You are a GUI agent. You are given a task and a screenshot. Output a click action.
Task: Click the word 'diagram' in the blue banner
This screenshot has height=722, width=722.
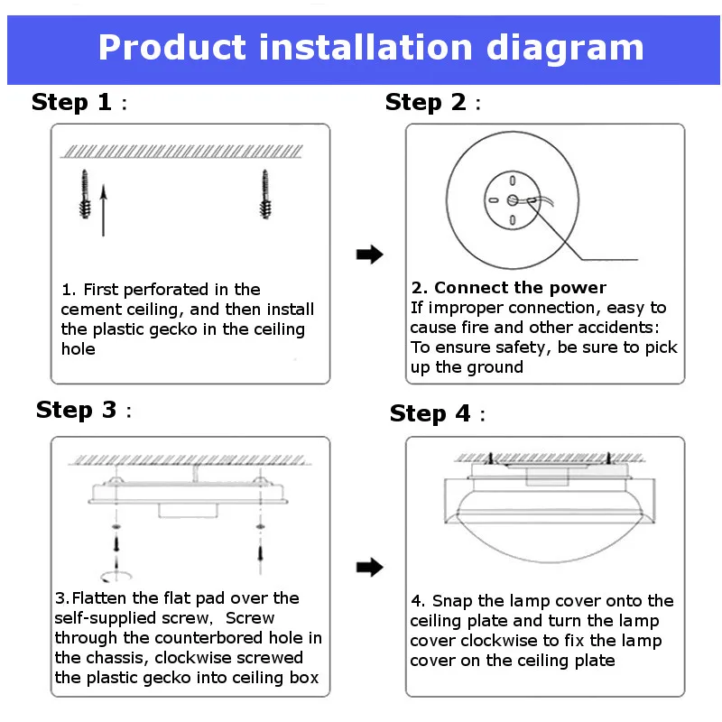[x=565, y=49]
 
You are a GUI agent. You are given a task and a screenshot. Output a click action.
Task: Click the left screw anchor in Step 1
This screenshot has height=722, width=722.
[x=85, y=194]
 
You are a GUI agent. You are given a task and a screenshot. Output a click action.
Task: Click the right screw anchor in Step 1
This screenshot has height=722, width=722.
[x=265, y=194]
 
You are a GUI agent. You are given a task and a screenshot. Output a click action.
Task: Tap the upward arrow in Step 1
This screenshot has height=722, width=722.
[x=104, y=210]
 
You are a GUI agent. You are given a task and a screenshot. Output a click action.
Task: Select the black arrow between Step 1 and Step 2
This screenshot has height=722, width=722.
[x=370, y=255]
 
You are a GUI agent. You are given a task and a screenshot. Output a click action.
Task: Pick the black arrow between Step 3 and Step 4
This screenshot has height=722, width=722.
[x=370, y=567]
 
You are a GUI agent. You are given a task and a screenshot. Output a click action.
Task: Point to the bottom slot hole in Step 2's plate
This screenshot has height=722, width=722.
[x=513, y=220]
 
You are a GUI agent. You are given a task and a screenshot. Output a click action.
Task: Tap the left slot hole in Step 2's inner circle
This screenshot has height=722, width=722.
[x=493, y=200]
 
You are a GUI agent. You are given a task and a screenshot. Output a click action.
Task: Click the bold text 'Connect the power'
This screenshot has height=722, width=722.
[x=521, y=288]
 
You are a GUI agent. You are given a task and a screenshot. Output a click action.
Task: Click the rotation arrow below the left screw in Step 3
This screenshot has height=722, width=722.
[x=116, y=576]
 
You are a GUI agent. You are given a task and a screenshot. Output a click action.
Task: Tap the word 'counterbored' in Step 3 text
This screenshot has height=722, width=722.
[x=209, y=638]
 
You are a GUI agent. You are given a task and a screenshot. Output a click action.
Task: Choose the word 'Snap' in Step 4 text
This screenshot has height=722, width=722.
[x=452, y=601]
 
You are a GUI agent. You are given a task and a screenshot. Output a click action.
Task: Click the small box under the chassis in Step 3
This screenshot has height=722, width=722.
[x=188, y=511]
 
